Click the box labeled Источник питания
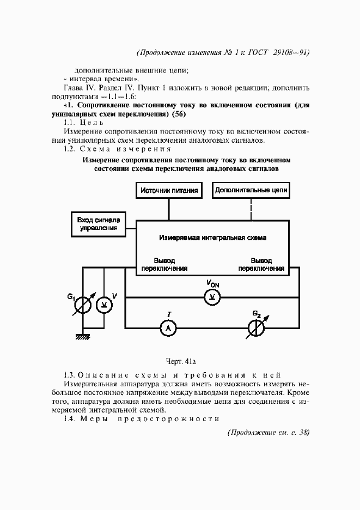click(168, 191)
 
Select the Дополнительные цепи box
click(251, 191)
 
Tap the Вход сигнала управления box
click(97, 223)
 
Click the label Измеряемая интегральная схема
click(216, 238)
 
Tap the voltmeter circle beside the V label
click(103, 305)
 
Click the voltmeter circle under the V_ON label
click(211, 297)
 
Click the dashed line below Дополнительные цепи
click(251, 210)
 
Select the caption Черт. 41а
click(180, 360)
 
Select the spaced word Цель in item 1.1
click(90, 123)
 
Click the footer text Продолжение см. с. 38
click(267, 433)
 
